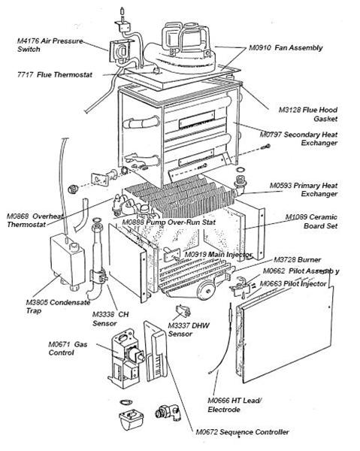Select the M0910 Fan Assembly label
286,47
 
